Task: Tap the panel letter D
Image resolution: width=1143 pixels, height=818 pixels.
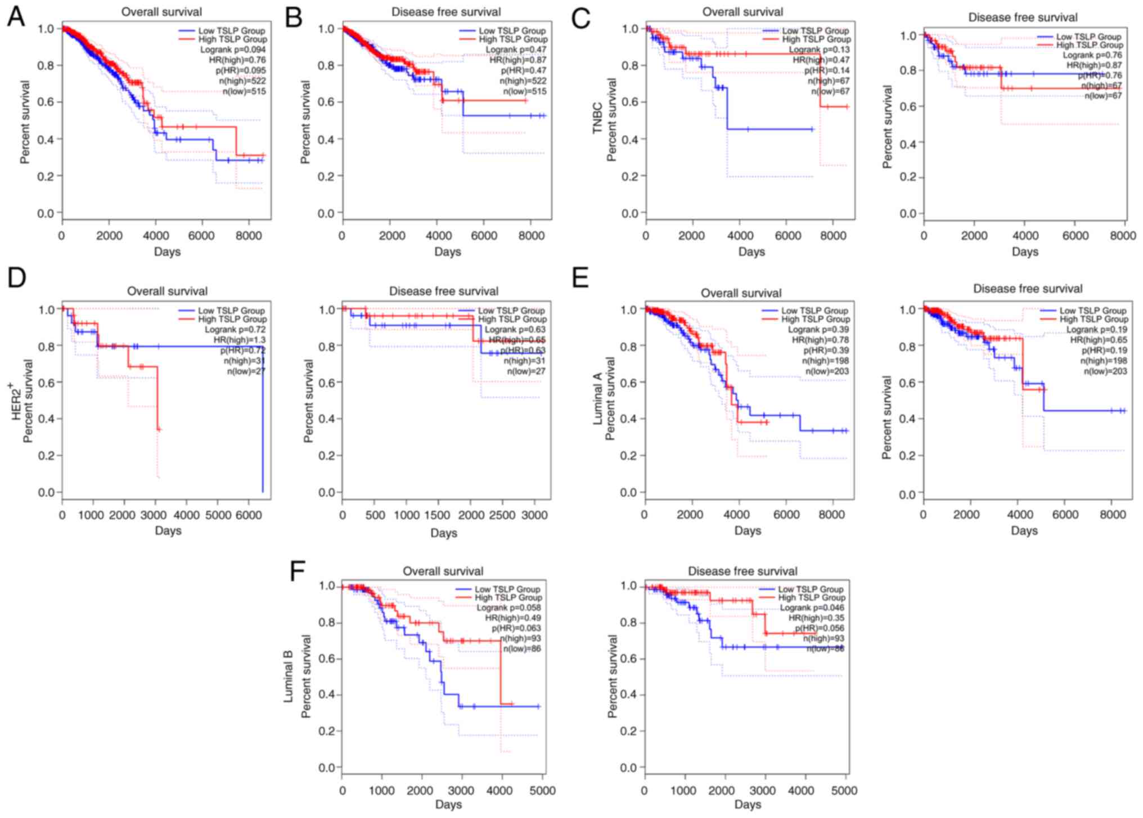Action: coord(17,277)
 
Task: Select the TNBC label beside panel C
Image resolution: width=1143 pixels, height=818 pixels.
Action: coord(597,118)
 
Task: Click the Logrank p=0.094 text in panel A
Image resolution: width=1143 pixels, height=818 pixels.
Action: coord(233,50)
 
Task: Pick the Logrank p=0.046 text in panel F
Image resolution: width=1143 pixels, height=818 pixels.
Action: coord(812,608)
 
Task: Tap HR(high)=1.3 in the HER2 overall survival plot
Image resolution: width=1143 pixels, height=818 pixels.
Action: coord(240,340)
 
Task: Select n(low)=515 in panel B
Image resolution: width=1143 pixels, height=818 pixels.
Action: coord(524,91)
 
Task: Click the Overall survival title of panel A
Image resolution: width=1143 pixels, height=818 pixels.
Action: coord(161,12)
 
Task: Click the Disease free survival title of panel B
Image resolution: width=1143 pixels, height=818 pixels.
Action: coord(446,12)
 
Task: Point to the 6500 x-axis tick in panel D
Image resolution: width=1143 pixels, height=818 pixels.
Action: coord(254,515)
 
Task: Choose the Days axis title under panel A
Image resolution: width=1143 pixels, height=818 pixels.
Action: coord(167,251)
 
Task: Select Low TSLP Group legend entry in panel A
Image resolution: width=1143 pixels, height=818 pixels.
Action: coord(231,30)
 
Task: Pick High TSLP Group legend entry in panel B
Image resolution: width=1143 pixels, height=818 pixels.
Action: coord(513,39)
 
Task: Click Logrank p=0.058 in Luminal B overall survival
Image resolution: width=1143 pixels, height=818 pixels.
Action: coord(508,608)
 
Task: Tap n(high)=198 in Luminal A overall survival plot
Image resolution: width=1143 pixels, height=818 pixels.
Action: coord(825,361)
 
